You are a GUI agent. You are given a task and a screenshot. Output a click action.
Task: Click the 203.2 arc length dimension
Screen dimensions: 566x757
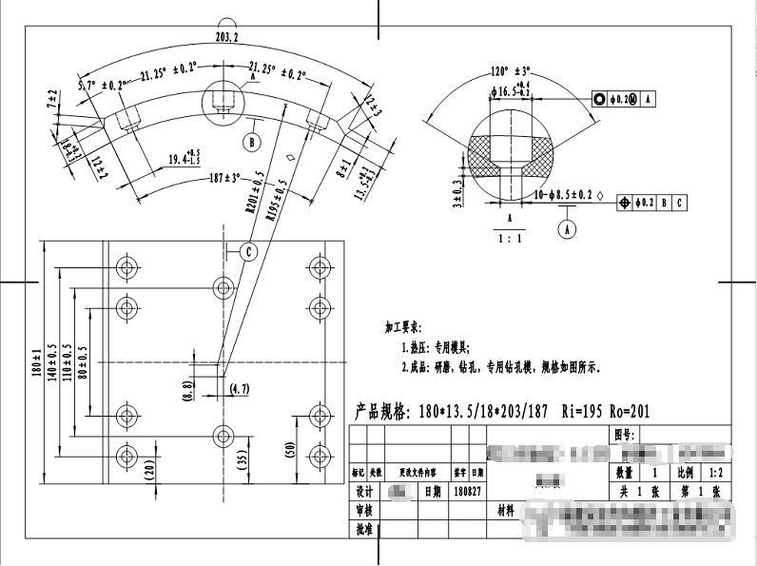(x=227, y=36)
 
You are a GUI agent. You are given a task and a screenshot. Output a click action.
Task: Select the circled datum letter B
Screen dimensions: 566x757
(x=252, y=143)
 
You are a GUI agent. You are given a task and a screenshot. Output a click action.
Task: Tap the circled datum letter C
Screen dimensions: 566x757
(x=248, y=251)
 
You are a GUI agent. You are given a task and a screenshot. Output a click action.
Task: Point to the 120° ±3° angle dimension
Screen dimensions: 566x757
(x=511, y=71)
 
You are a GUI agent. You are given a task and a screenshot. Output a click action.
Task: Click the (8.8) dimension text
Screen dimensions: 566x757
(x=187, y=388)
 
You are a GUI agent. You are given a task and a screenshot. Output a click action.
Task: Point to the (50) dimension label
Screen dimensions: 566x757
(x=289, y=449)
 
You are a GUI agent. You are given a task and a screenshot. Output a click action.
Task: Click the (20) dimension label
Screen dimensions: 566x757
(x=149, y=468)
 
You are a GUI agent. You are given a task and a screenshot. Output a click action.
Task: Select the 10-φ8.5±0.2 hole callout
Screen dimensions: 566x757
(x=566, y=195)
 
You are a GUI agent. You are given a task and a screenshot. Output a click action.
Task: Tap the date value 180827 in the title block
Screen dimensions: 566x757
(x=467, y=491)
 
